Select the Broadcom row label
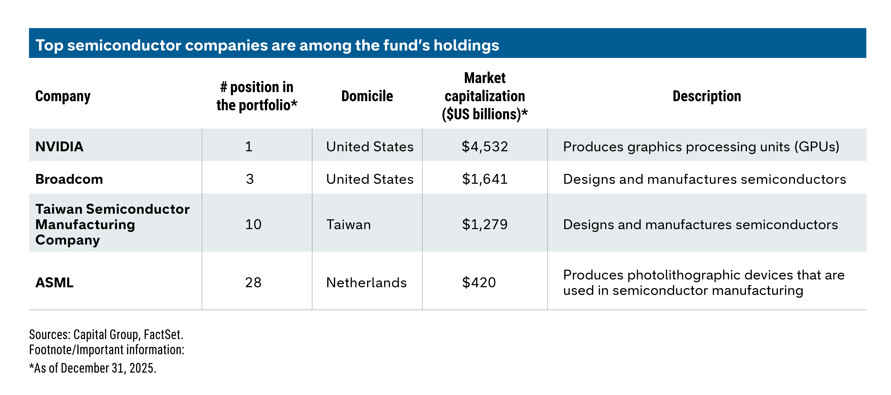(x=69, y=179)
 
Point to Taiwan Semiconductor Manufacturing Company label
(x=112, y=224)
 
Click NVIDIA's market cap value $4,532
(x=485, y=147)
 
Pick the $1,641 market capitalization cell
(x=485, y=179)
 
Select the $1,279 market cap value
(x=485, y=224)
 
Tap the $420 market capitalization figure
(x=479, y=283)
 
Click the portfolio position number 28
(x=253, y=283)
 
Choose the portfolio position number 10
(x=253, y=224)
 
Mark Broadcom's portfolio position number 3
(x=250, y=179)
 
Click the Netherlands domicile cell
(x=366, y=283)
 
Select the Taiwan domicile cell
(x=348, y=224)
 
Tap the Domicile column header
(x=367, y=96)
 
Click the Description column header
(x=707, y=96)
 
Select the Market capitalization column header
(x=485, y=96)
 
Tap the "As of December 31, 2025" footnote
(x=93, y=368)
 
